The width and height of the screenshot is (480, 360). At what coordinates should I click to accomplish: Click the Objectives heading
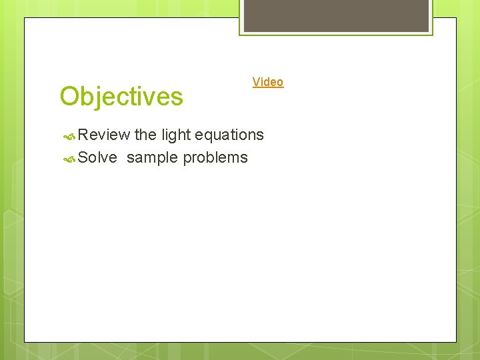click(121, 97)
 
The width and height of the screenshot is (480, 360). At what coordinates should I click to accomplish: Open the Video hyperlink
click(268, 82)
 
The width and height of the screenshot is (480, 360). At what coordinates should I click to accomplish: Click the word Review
click(103, 135)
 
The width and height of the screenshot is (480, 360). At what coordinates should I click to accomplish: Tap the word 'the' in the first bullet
click(145, 135)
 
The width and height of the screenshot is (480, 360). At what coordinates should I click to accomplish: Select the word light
click(175, 135)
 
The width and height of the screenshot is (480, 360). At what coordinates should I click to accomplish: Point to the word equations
click(229, 135)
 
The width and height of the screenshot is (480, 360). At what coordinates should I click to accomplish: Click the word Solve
click(97, 158)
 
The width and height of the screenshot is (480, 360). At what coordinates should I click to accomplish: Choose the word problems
click(215, 158)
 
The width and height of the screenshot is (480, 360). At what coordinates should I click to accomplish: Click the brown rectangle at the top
click(336, 15)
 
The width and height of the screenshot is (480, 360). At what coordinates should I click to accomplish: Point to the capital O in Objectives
click(70, 97)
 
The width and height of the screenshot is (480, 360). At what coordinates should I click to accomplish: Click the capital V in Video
click(256, 82)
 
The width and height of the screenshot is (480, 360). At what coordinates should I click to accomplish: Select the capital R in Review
click(83, 135)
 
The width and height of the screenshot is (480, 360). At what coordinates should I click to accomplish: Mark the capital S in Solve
click(83, 158)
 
